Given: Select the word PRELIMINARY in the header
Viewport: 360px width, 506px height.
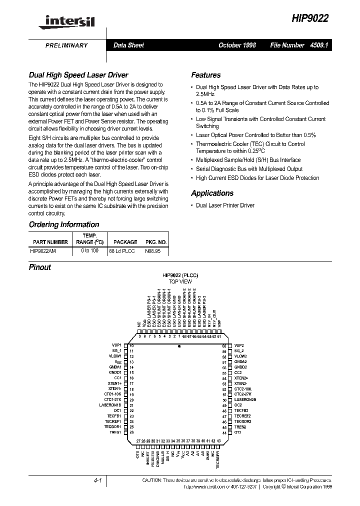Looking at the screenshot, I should tap(66, 45).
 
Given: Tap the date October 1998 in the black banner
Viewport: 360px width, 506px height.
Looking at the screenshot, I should tap(237, 45).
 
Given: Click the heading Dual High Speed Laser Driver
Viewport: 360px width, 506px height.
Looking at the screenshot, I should tap(78, 75).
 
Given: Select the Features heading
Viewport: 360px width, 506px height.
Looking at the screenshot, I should tap(205, 75).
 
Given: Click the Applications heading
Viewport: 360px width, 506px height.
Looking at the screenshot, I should tap(212, 193).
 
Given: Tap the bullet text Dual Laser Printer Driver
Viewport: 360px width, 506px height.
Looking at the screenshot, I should tap(225, 205).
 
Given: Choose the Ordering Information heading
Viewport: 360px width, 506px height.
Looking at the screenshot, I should tap(64, 225).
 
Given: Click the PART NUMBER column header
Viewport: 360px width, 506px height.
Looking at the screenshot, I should tap(48, 242).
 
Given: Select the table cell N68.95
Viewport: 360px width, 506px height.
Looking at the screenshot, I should tap(152, 251).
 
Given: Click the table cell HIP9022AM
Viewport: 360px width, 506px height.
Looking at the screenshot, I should tap(43, 251).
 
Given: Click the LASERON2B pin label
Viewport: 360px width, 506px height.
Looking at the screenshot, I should tap(245, 399).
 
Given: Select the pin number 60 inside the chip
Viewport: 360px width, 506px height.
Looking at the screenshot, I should tap(224, 345).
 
